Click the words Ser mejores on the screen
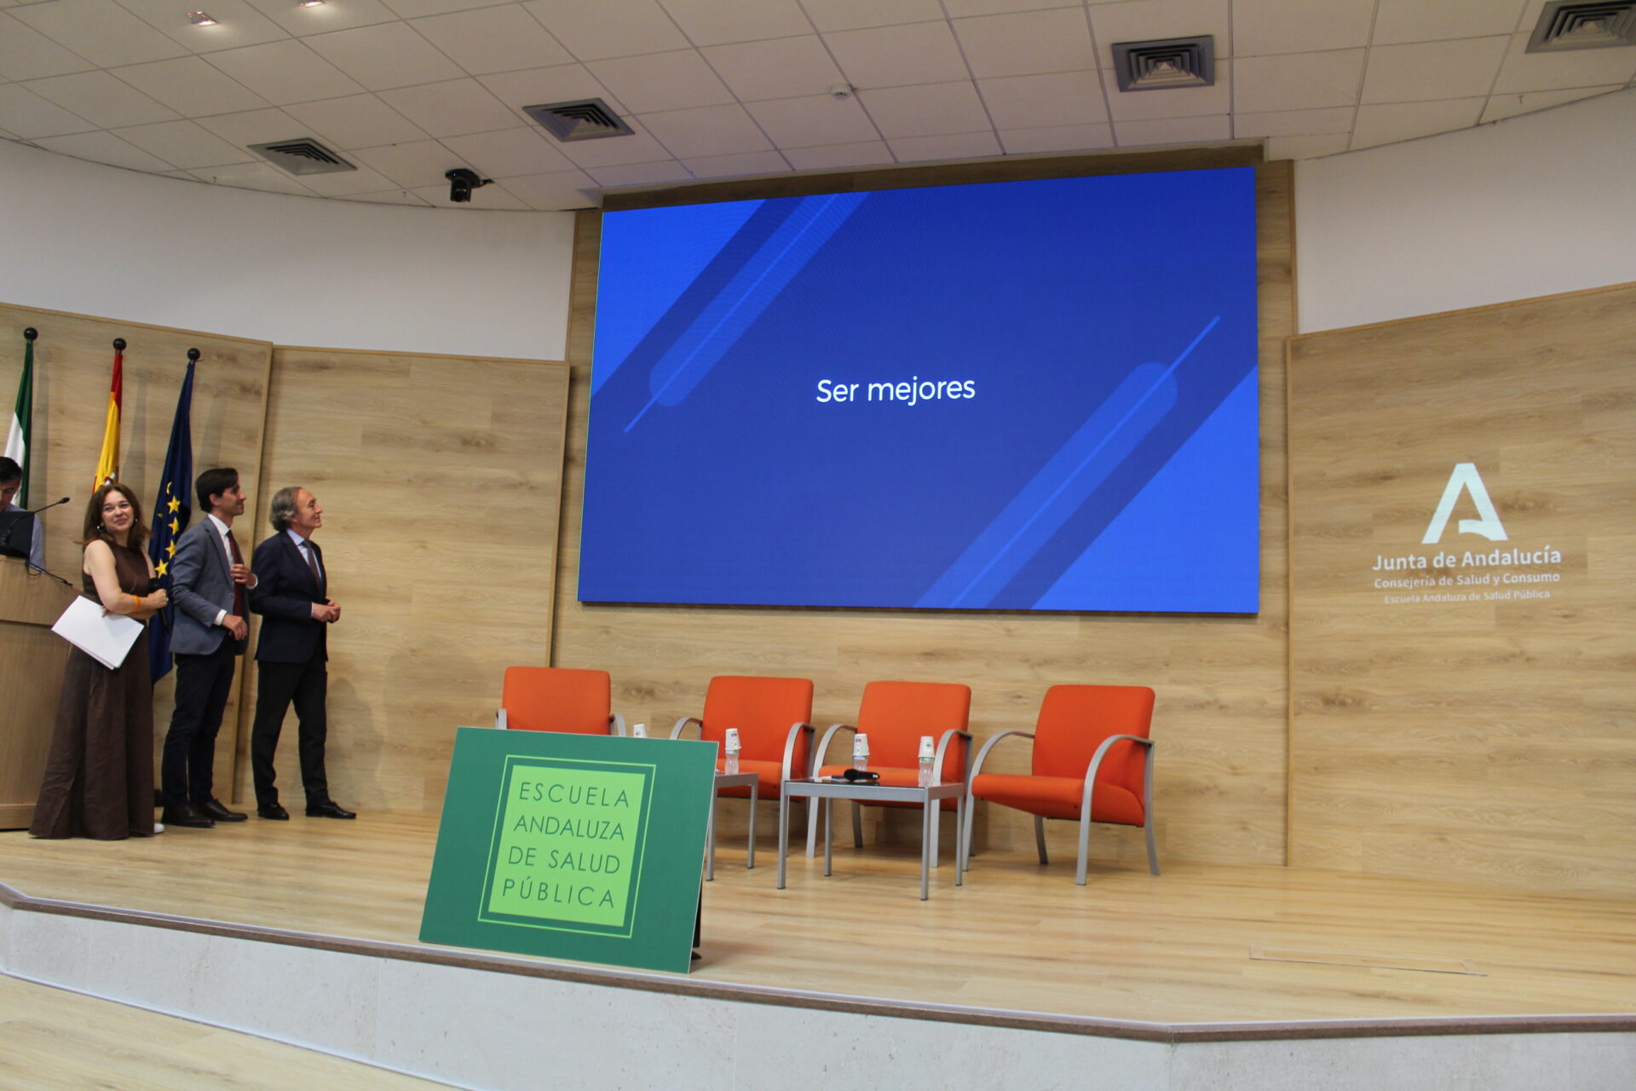point(895,390)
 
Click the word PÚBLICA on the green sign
point(558,892)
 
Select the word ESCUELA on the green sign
point(573,794)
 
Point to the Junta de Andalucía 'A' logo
point(1464,504)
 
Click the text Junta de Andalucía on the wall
point(1466,558)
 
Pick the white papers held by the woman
point(97,632)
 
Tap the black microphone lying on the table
point(859,775)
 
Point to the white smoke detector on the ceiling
point(841,91)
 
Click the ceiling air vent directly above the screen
point(1162,62)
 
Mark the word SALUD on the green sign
point(584,861)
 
